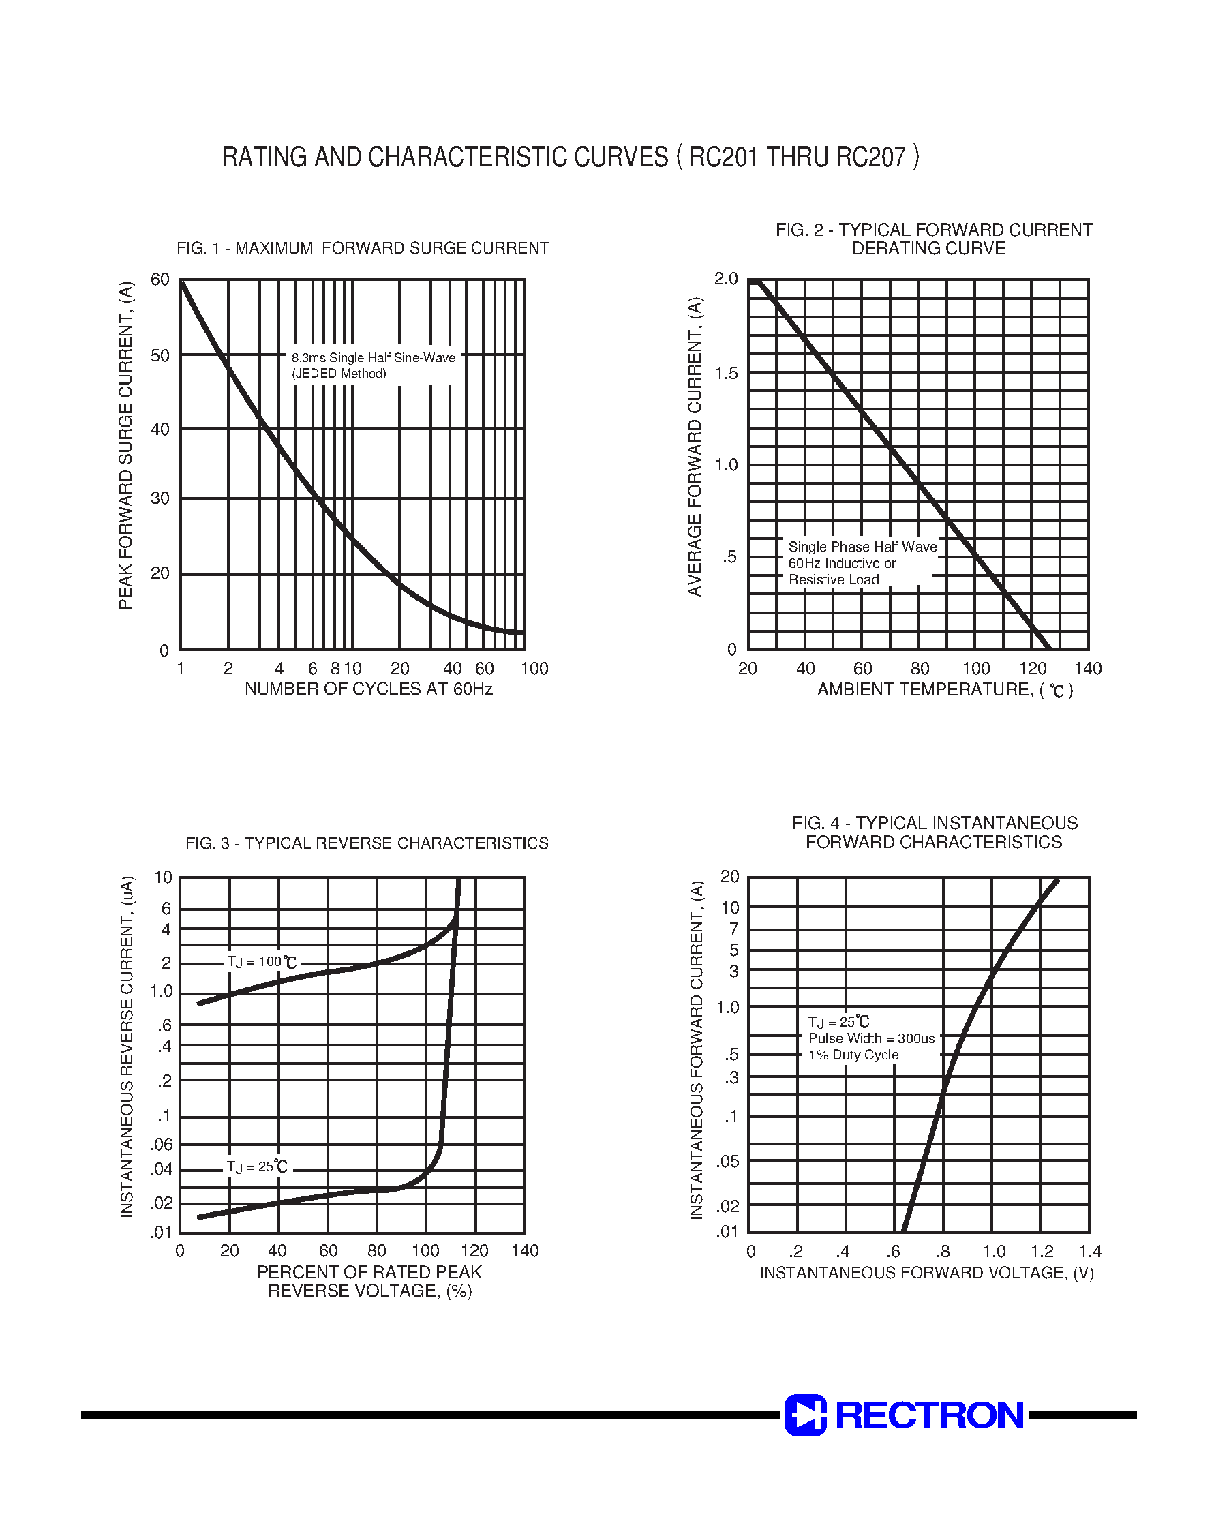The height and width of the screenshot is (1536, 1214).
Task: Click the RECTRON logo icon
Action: (x=804, y=1415)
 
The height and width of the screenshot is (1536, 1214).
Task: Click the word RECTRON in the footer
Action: (x=929, y=1415)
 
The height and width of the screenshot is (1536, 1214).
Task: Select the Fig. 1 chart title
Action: (x=363, y=248)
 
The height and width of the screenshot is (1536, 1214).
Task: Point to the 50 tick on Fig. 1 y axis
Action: (x=161, y=355)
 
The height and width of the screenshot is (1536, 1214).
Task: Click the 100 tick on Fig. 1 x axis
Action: (x=534, y=669)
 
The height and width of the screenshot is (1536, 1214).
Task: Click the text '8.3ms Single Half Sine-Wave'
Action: (x=373, y=357)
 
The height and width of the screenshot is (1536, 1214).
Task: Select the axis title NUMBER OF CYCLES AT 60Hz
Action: (x=368, y=689)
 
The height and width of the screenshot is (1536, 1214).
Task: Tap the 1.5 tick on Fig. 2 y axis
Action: (x=727, y=373)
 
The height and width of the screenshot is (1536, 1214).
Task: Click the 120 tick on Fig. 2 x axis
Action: (x=1032, y=669)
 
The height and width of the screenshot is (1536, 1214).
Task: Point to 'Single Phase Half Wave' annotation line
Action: (x=862, y=547)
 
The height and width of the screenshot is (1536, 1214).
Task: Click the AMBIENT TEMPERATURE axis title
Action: (x=945, y=689)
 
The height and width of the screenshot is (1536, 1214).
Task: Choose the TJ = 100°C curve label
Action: (x=261, y=963)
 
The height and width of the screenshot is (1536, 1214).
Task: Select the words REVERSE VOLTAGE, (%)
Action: (x=369, y=1291)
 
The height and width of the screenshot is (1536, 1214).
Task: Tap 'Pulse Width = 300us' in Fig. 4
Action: (x=871, y=1038)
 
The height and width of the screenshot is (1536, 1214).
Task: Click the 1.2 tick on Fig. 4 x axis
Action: (x=1042, y=1252)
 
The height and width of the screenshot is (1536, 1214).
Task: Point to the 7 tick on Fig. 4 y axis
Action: (x=733, y=929)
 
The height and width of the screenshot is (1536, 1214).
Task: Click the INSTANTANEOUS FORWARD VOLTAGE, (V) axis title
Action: (x=926, y=1272)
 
